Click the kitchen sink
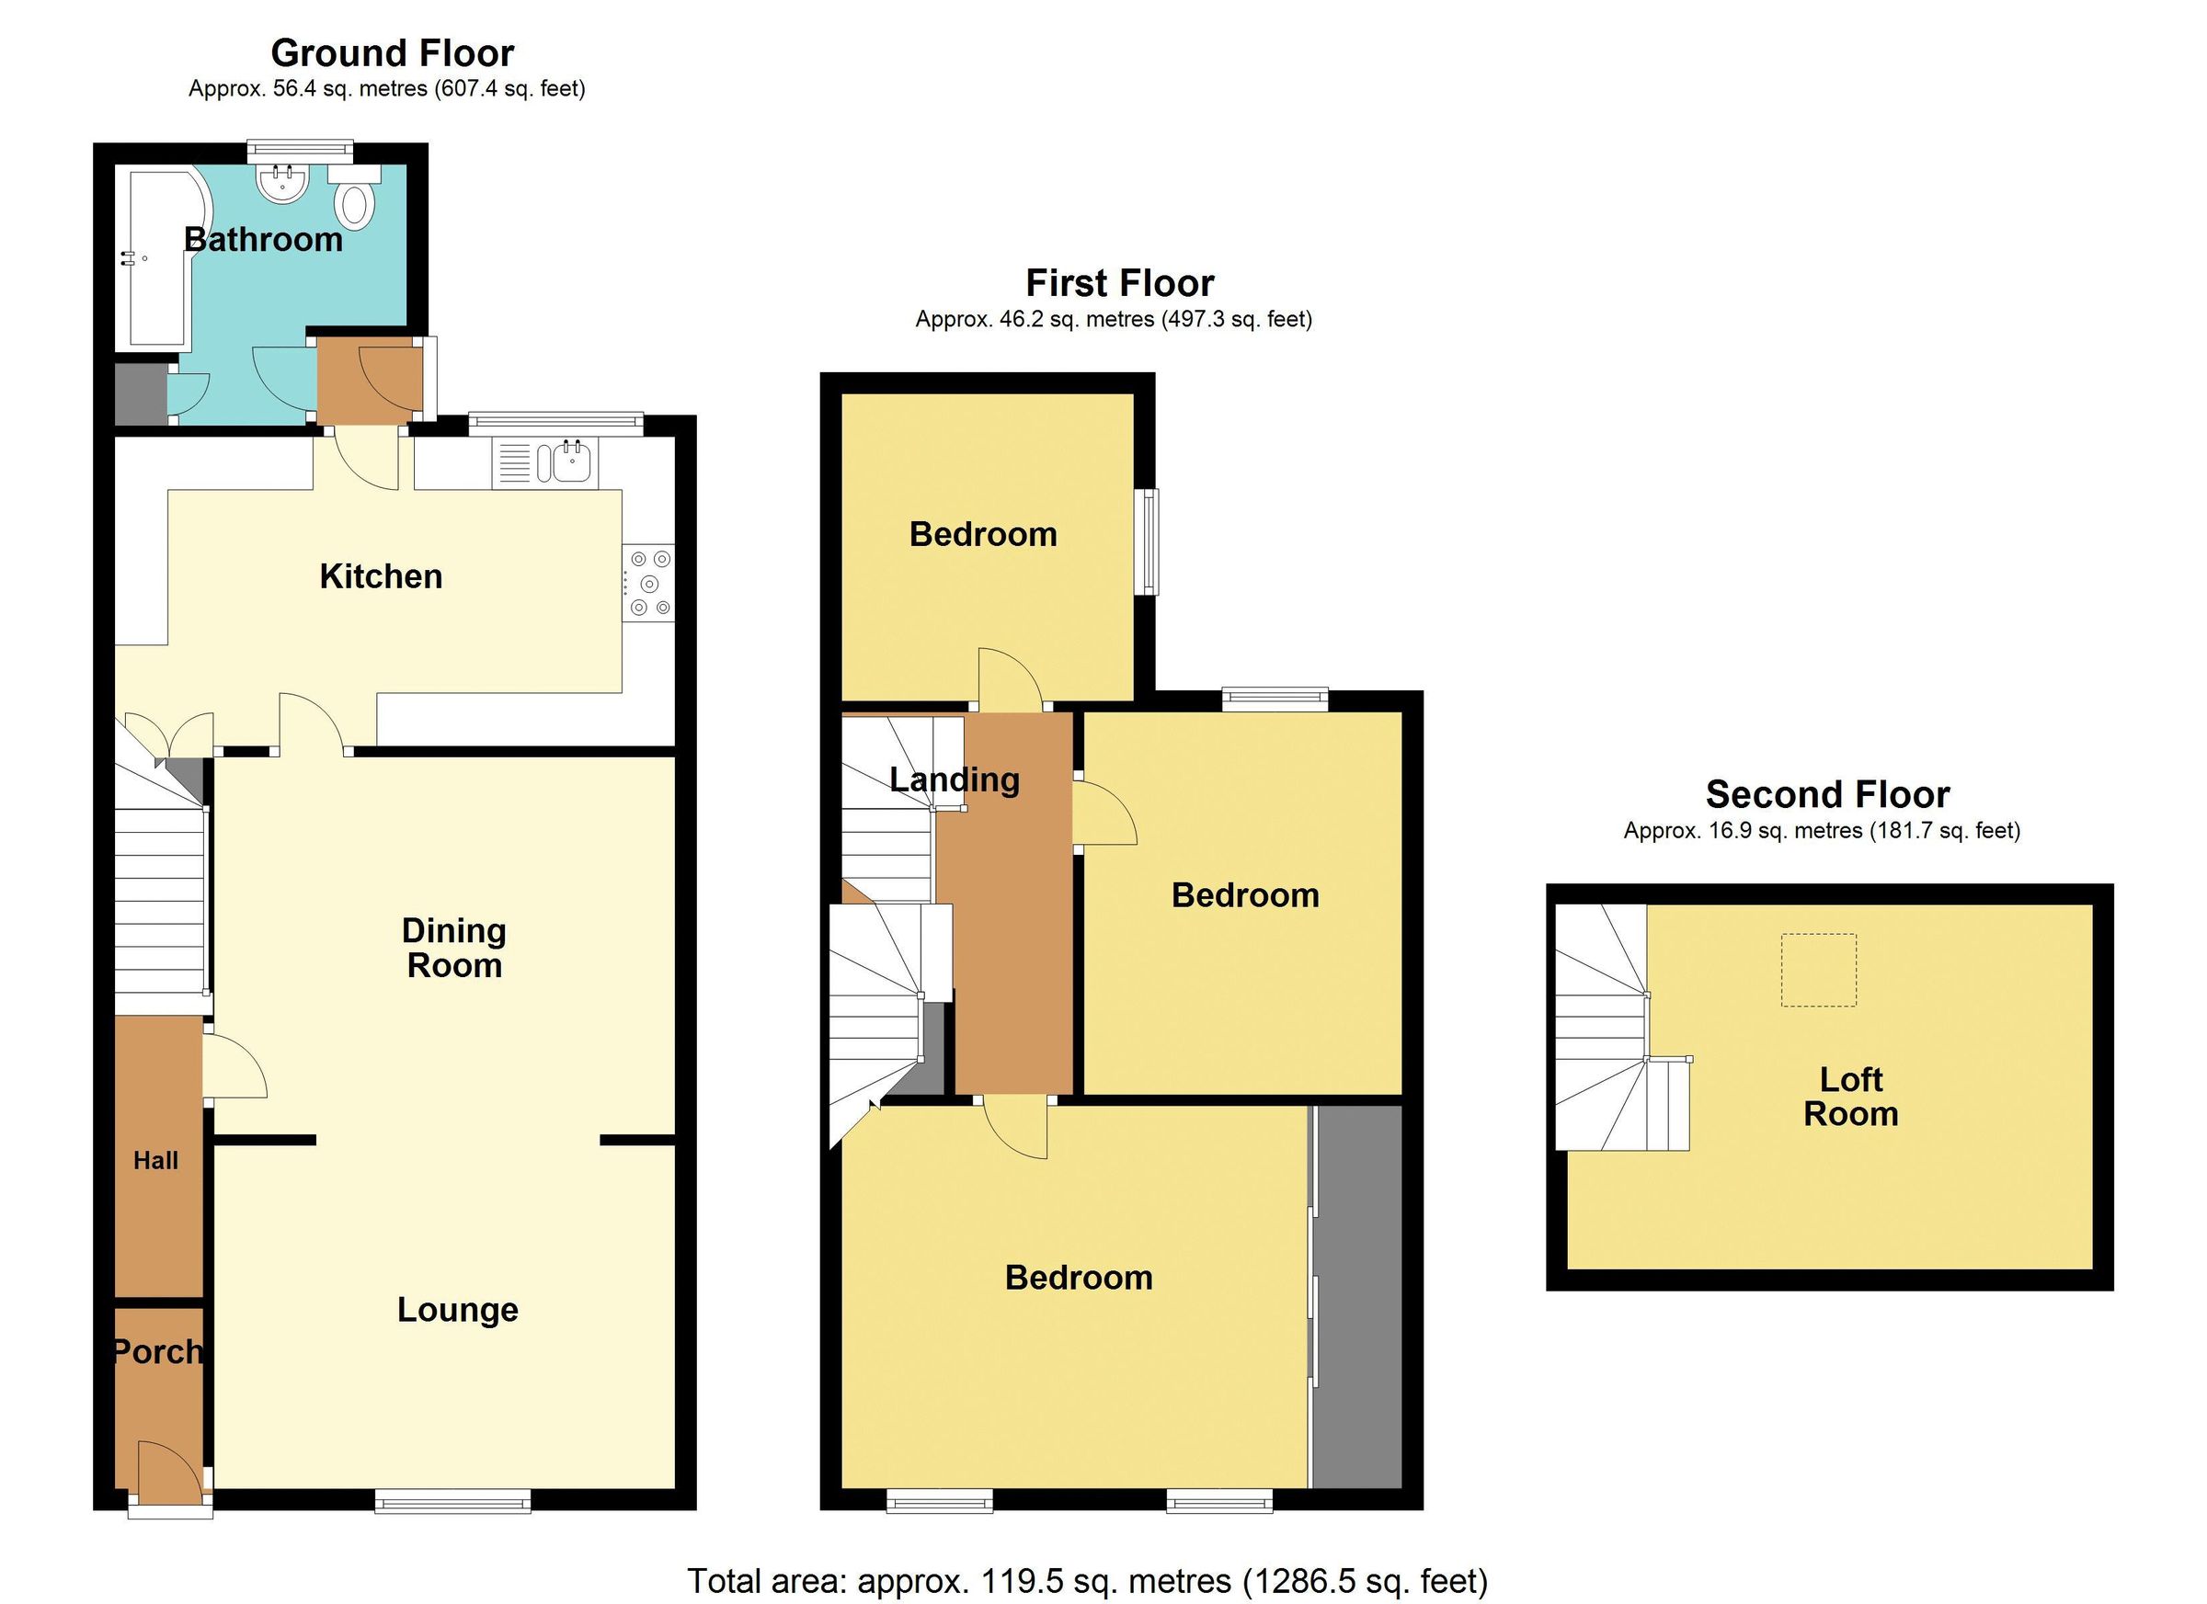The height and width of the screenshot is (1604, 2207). coord(571,461)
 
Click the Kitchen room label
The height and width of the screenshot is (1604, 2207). coord(381,577)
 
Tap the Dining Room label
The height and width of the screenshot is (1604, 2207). coord(454,949)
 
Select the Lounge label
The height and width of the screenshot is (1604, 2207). coord(457,1310)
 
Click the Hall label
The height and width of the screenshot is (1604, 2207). coord(155,1160)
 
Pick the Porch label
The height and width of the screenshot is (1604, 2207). coord(157,1351)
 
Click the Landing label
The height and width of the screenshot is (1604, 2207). coord(955,779)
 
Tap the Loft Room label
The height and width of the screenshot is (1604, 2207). coord(1851,1097)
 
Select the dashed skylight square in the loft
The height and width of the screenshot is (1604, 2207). coord(1819,970)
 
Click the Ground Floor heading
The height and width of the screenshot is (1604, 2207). coord(392,52)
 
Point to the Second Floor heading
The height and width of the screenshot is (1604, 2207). coord(1827,795)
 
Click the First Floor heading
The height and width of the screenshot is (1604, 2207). coord(1119,283)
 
